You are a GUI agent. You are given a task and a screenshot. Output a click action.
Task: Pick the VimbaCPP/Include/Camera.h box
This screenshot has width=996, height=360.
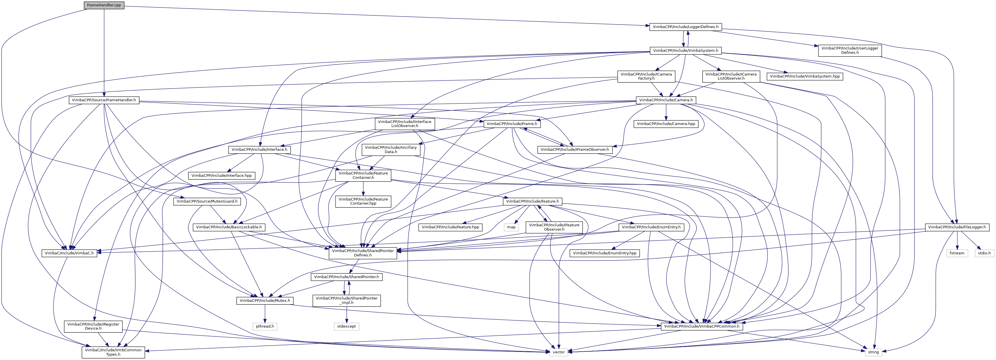[x=666, y=100]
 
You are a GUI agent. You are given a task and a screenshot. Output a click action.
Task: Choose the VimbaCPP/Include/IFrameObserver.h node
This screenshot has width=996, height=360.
[x=575, y=149]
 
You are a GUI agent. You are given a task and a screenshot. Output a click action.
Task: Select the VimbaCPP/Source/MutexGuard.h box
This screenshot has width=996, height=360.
[x=207, y=201]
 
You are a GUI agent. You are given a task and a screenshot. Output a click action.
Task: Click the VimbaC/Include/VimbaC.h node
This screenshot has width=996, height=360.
[x=69, y=253]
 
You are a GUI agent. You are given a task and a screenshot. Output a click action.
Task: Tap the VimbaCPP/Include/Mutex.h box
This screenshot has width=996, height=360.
[x=265, y=300]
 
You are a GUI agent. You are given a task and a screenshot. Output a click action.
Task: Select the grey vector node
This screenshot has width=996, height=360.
[x=559, y=352]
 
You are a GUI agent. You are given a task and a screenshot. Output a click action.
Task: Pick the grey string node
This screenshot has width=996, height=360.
[x=873, y=352]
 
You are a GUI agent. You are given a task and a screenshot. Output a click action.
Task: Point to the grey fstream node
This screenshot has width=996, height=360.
[x=957, y=253]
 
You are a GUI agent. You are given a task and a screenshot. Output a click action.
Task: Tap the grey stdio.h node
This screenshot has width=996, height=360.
[x=984, y=253]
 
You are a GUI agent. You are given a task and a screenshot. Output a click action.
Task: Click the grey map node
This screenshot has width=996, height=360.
[x=511, y=227]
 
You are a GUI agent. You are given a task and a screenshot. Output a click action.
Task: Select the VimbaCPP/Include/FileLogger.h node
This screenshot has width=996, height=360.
[x=957, y=227]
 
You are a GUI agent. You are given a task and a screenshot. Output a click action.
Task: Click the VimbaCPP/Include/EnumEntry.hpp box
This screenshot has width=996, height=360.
[x=604, y=253]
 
